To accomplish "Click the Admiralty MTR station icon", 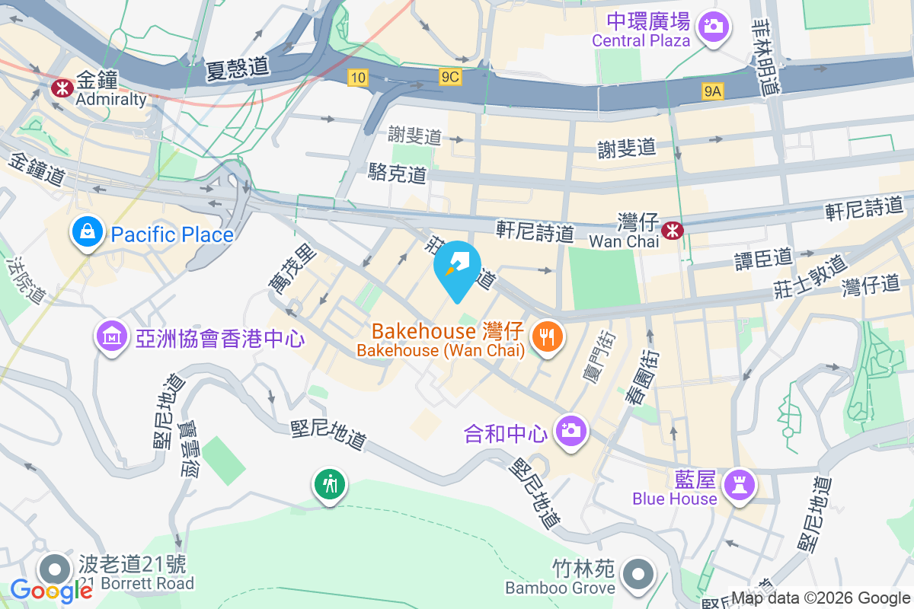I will point(58,88).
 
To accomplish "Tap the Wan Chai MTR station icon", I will point(673,228).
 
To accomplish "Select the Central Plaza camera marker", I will point(714,26).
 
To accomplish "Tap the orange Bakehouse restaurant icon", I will point(547,336).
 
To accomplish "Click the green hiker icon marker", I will point(330,483).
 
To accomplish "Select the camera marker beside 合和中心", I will point(571,432).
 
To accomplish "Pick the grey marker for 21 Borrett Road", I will point(55,569).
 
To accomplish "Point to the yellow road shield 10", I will point(358,77).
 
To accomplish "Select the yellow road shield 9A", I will point(712,91).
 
